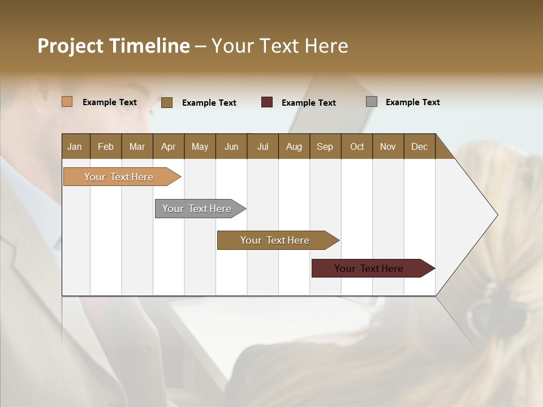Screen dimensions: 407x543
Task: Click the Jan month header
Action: pos(75,146)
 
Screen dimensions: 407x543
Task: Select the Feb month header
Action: pos(106,146)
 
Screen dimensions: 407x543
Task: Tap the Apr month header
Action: pos(168,146)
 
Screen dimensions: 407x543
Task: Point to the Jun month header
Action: pos(231,146)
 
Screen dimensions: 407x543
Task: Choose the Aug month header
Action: pos(294,146)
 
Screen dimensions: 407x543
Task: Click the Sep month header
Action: pos(325,146)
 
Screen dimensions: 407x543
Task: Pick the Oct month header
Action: pos(357,146)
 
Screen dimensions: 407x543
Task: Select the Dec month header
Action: pos(419,146)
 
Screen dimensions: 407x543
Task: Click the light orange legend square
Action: pos(67,102)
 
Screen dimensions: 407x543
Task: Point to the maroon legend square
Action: pos(267,102)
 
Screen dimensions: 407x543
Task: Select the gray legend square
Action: pos(372,102)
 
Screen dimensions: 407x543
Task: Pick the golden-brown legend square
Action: pos(167,102)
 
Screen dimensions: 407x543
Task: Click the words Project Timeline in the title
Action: pos(114,46)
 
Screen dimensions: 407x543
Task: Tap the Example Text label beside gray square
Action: pos(412,102)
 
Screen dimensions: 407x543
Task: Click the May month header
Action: pos(200,146)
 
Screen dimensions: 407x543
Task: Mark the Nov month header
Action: pos(387,146)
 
